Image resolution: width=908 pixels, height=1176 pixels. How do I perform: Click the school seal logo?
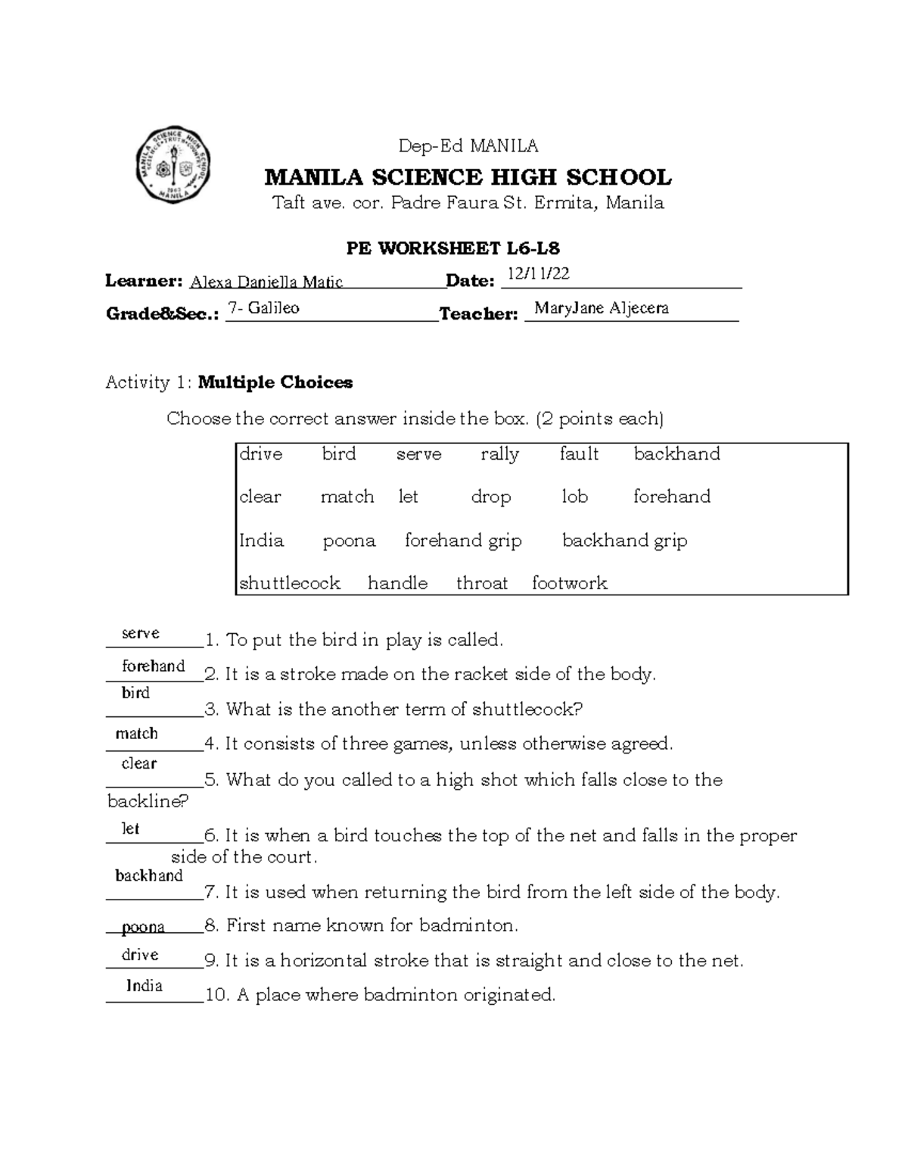point(173,164)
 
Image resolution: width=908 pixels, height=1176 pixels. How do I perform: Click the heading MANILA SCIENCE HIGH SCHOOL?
point(467,178)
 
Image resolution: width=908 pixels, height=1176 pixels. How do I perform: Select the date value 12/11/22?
point(538,274)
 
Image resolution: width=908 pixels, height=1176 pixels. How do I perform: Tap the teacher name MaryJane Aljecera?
point(601,307)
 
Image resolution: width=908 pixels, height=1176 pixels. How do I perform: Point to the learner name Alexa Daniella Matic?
point(266,282)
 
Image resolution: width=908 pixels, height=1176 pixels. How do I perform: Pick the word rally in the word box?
point(499,454)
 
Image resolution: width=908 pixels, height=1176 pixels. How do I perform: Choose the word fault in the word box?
point(579,454)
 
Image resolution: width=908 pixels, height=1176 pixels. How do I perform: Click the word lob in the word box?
point(574,497)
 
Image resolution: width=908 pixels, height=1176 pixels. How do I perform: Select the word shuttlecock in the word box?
point(289,583)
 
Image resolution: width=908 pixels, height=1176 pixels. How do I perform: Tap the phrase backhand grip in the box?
point(624,541)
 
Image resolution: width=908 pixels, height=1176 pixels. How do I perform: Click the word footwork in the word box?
point(569,583)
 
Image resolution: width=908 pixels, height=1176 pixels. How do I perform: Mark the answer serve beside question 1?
point(141,634)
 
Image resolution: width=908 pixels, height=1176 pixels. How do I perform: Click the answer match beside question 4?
point(137,734)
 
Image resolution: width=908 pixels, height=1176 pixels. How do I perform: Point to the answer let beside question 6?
point(130,828)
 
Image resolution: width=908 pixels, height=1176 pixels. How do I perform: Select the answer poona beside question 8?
point(143,927)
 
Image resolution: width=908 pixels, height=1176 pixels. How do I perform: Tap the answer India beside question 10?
point(144,986)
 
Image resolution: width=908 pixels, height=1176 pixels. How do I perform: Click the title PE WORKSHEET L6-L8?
point(452,248)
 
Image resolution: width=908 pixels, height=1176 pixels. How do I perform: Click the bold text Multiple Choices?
point(275,382)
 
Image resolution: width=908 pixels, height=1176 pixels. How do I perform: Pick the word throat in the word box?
point(481,583)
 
